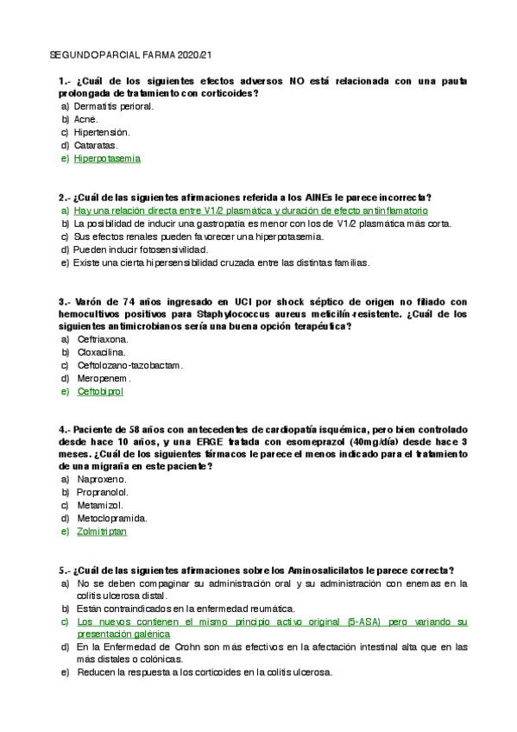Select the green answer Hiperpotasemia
107,159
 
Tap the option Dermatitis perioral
114,106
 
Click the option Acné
86,119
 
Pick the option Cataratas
96,145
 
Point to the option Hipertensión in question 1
102,132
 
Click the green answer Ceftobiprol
100,391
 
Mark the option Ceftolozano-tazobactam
129,365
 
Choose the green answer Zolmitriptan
102,532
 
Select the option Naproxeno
102,479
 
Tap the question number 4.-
65,429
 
